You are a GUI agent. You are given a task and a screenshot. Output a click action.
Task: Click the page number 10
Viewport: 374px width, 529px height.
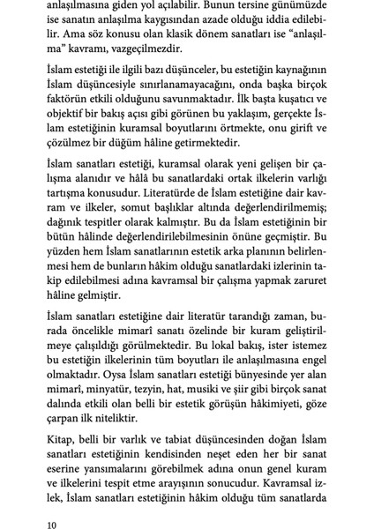point(54,501)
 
